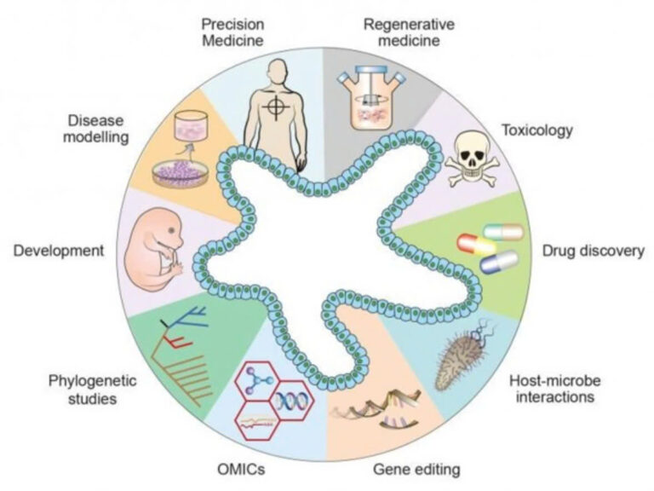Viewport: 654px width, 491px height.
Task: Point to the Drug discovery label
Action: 593,252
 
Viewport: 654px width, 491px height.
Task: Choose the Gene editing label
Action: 417,469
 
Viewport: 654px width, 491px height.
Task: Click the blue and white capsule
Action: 499,262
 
